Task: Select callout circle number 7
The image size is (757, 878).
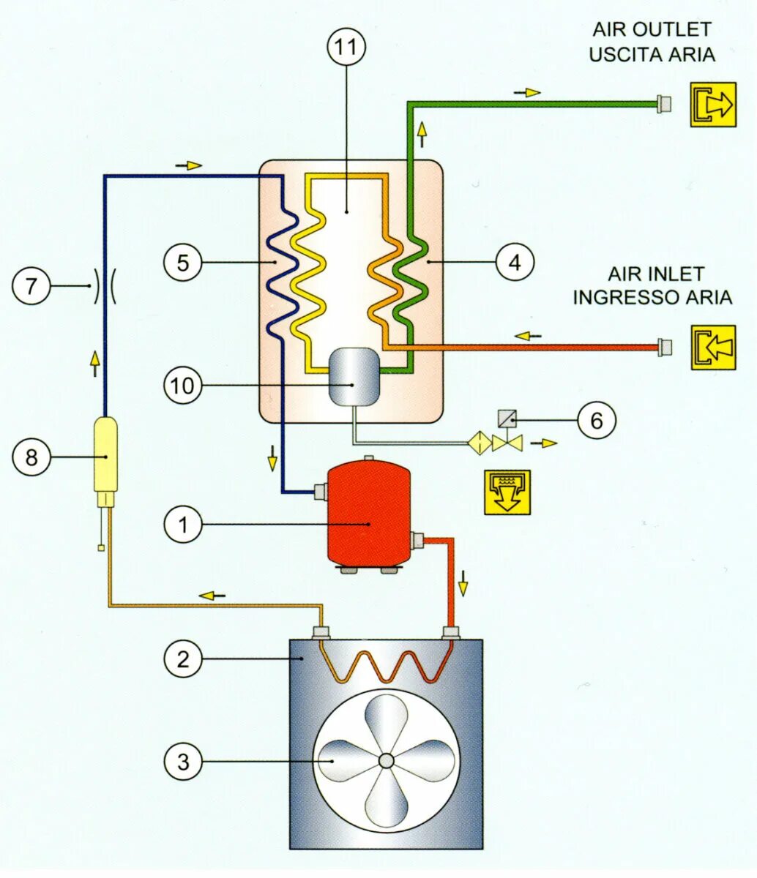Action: point(31,285)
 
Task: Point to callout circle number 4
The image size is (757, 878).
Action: point(515,261)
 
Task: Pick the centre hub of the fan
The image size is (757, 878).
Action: point(386,761)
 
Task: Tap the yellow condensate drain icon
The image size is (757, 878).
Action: point(507,492)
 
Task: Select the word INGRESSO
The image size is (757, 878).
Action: point(622,297)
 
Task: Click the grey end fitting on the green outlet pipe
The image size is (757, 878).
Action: point(665,104)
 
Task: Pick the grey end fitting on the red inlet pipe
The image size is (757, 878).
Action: point(665,347)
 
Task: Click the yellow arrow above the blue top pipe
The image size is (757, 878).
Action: point(189,165)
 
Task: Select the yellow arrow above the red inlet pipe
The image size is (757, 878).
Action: point(528,336)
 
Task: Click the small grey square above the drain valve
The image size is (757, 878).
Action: point(507,419)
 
